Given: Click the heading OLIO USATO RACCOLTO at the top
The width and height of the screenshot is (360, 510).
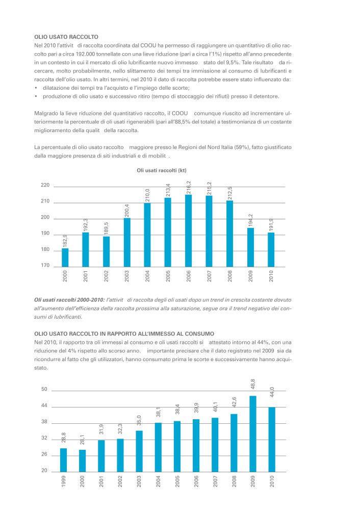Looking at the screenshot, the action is [x=66, y=37].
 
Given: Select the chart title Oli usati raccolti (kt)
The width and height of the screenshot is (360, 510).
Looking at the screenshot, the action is [x=162, y=170].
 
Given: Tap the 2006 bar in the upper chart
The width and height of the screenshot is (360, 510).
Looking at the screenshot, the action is [x=188, y=231].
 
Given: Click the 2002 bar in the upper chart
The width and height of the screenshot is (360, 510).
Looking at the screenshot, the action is [x=107, y=252].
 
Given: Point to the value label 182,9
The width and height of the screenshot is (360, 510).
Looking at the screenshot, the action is [x=65, y=241].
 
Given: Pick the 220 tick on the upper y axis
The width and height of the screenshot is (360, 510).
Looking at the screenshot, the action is [x=45, y=185].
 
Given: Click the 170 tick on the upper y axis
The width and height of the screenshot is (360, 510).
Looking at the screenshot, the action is [x=45, y=265].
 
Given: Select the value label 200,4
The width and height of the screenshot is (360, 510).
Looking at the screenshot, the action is [x=127, y=211].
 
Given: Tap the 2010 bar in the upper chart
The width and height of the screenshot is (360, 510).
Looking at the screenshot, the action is [x=271, y=250].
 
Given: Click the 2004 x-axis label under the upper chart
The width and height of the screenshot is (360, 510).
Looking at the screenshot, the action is [x=148, y=276].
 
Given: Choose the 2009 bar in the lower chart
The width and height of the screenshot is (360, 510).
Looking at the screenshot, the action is [x=253, y=434].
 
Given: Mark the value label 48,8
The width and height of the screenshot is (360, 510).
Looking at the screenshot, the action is [x=253, y=384].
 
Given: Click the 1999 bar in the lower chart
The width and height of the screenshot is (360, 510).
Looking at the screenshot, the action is [x=63, y=460].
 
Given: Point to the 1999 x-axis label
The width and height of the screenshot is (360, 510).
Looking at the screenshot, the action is [x=64, y=481].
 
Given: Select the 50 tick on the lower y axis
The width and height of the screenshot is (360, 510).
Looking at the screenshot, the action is [x=44, y=389].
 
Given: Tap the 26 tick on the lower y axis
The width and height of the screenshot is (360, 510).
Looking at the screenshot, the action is [x=44, y=454].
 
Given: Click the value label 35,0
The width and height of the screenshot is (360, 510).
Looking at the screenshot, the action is [x=139, y=420].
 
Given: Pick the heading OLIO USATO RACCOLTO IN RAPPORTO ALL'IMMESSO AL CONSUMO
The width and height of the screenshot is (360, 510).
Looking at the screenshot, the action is [x=124, y=334].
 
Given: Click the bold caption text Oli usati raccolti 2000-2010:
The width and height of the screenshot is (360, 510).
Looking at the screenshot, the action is [x=69, y=300].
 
